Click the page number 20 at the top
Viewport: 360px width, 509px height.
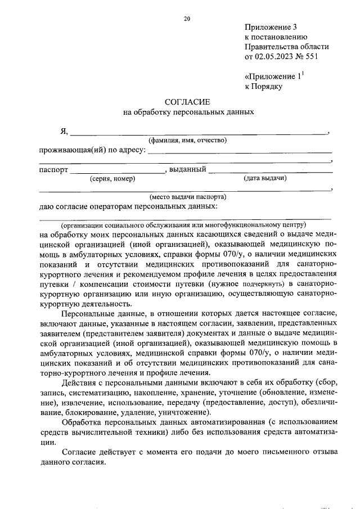[187, 19]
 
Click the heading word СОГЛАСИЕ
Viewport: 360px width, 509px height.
[187, 102]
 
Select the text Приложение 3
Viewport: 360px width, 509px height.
[270, 26]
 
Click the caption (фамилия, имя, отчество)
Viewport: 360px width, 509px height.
[187, 141]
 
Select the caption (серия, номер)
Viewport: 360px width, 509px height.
[112, 179]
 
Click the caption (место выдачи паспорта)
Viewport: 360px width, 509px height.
[187, 197]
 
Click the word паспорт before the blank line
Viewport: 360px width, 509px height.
[53, 169]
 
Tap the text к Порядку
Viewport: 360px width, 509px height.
[263, 86]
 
